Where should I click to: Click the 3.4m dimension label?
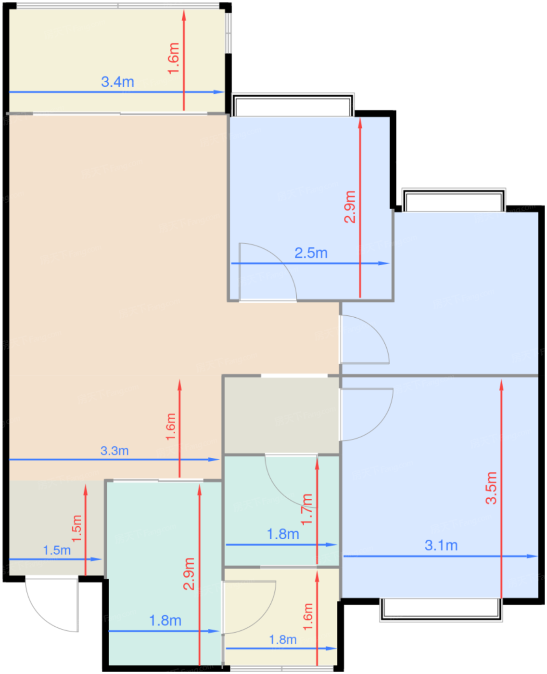pos(117,82)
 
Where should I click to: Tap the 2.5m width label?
pos(311,253)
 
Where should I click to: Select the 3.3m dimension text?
pos(114,451)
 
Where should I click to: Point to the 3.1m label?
pos(441,545)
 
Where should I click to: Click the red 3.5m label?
pos(491,488)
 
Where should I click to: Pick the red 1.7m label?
pos(307,509)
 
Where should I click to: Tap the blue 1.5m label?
pos(57,550)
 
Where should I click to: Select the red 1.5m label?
pos(77,529)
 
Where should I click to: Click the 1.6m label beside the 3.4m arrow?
pos(173,59)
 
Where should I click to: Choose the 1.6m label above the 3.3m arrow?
pos(171,427)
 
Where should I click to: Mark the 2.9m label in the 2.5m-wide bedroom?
pos(350,207)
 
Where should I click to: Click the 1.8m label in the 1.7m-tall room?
pos(283,534)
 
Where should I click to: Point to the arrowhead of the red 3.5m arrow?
pos(501,385)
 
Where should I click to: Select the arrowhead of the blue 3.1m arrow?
pos(532,556)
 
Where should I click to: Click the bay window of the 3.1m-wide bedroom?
pos(441,610)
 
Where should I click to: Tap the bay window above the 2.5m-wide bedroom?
pos(293,104)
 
